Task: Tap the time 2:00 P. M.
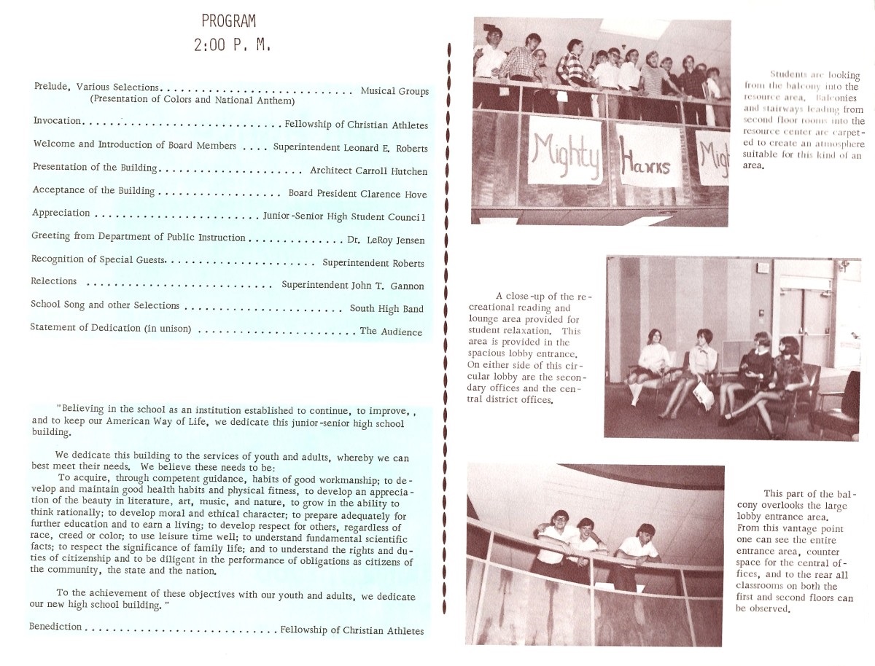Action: (232, 45)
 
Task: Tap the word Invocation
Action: (58, 121)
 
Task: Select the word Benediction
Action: (54, 627)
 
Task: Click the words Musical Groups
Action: (394, 91)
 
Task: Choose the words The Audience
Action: (391, 332)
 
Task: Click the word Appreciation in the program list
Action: (61, 213)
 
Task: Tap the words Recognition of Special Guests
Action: (98, 260)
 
